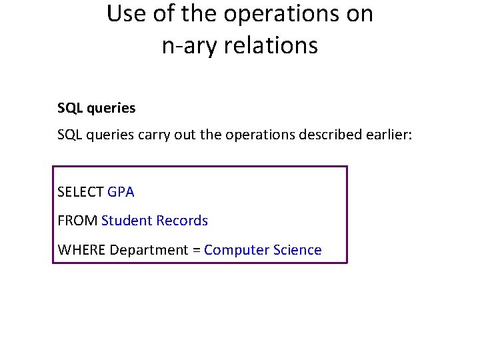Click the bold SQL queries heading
click(96, 107)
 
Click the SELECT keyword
click(81, 192)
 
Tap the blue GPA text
click(121, 192)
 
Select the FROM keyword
click(77, 221)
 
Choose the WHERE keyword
click(82, 250)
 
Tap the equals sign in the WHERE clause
click(196, 251)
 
